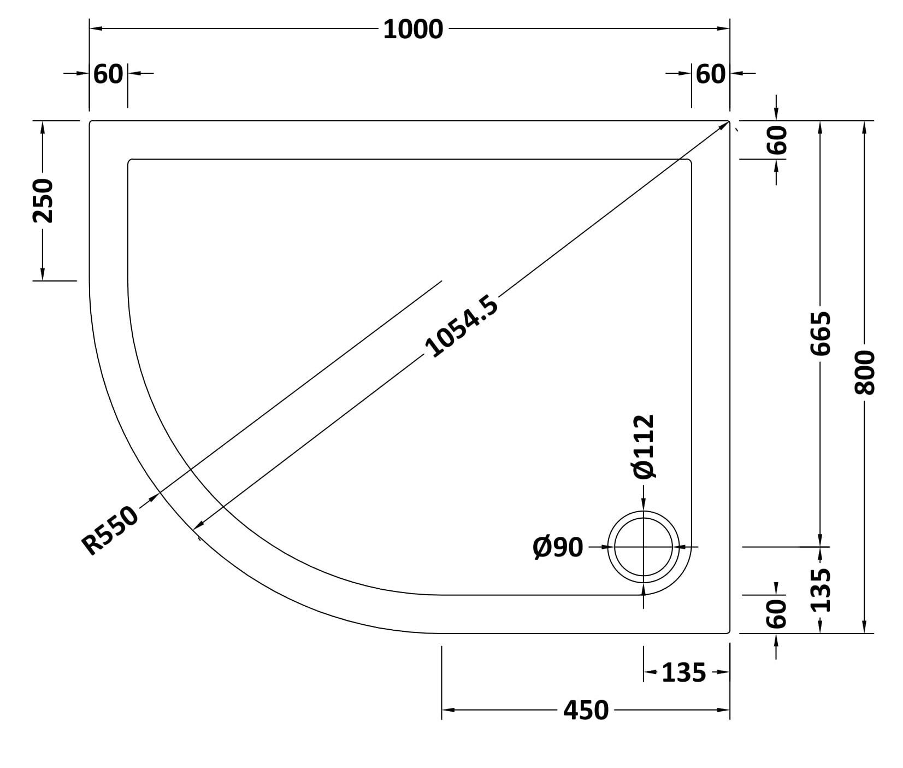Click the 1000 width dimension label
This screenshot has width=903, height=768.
(x=413, y=30)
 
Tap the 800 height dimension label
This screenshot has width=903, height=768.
(x=865, y=372)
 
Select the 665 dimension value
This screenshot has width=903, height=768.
(x=821, y=333)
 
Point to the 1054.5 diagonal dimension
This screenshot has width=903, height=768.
(x=462, y=326)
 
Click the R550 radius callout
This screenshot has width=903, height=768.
(x=111, y=530)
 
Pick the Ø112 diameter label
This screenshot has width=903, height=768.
(x=643, y=447)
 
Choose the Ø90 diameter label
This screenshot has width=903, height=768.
(x=558, y=547)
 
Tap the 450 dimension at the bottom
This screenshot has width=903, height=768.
(x=586, y=710)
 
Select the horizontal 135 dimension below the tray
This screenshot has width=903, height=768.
(x=684, y=672)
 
